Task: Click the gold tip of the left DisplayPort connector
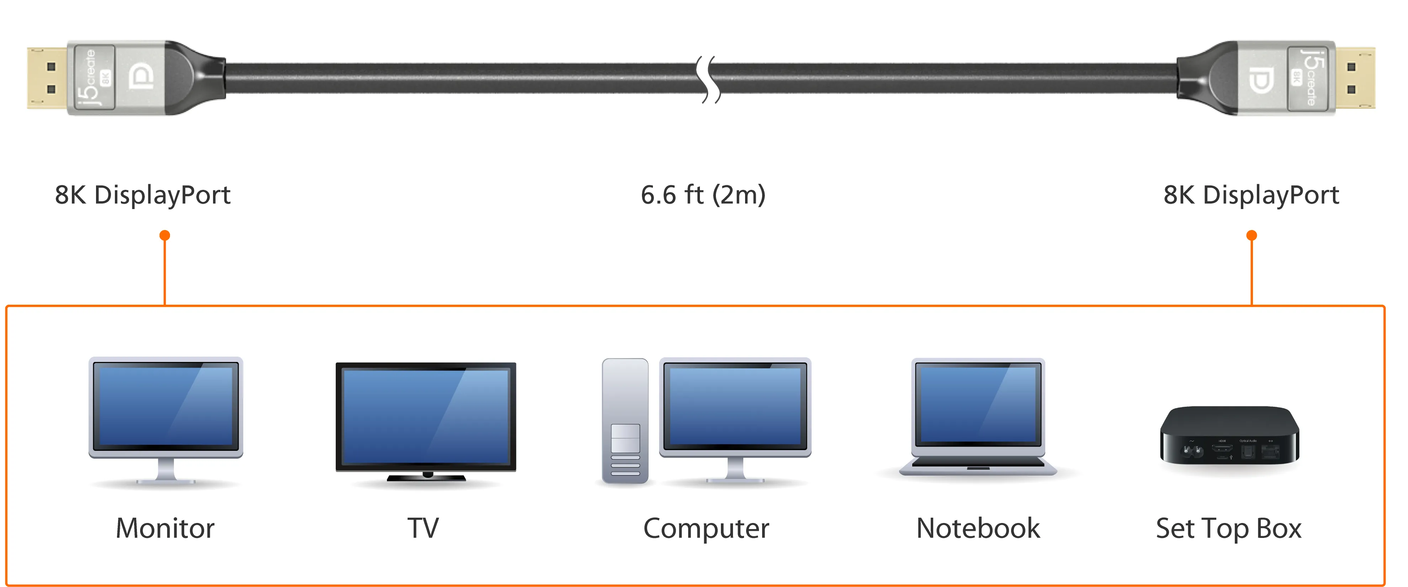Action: click(47, 78)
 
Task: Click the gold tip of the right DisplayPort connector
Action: click(1355, 78)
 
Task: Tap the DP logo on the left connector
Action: click(142, 77)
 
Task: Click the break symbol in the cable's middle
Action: click(708, 79)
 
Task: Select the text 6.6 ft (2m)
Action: click(703, 194)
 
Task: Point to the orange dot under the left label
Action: click(165, 236)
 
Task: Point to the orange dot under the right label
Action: click(1252, 236)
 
